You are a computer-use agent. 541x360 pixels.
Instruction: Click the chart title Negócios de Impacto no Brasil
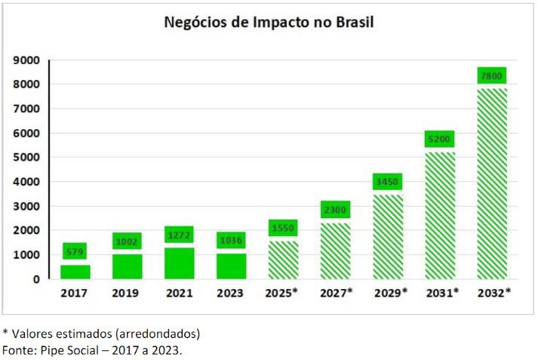click(x=269, y=22)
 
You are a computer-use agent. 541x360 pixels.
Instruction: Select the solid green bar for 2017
click(x=75, y=272)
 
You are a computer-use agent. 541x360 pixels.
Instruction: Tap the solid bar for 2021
click(x=180, y=263)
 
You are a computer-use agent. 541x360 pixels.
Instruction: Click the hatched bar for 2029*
click(x=387, y=237)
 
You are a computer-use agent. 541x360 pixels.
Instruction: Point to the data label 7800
click(x=491, y=75)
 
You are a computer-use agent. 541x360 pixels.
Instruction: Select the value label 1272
click(x=180, y=235)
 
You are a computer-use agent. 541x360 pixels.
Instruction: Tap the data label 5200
click(x=439, y=139)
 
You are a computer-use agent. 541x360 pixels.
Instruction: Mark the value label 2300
click(x=335, y=209)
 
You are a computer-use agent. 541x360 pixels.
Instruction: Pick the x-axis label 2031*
click(x=441, y=293)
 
